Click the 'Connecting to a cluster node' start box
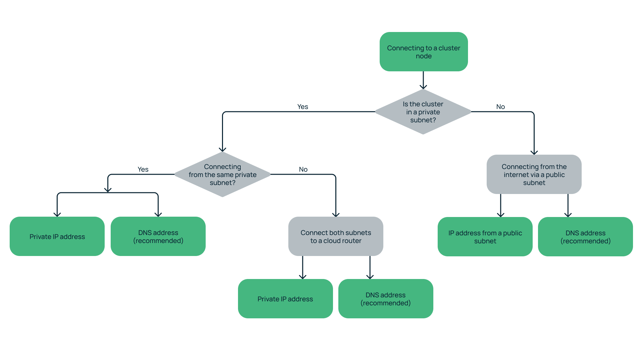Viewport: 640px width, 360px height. click(x=424, y=52)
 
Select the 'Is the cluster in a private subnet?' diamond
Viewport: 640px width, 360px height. click(x=423, y=112)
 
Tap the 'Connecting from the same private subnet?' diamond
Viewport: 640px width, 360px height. click(x=222, y=175)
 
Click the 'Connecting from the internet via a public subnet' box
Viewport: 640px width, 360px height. click(x=534, y=174)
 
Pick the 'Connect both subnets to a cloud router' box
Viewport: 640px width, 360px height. click(x=336, y=237)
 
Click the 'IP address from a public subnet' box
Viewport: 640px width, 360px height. click(x=485, y=237)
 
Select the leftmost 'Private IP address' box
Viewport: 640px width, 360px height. click(x=57, y=237)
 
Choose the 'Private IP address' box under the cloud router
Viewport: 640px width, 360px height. click(x=285, y=299)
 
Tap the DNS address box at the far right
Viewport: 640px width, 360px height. click(x=585, y=237)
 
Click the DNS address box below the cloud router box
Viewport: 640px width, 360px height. click(x=386, y=299)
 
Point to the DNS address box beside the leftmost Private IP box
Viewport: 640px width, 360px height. click(x=158, y=237)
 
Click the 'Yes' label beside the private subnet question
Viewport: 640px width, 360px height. click(x=303, y=107)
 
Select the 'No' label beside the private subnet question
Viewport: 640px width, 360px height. click(x=500, y=107)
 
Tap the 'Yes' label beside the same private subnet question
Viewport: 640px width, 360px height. click(x=143, y=169)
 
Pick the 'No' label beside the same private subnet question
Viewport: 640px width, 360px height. click(x=303, y=169)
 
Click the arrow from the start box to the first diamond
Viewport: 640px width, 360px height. click(x=423, y=80)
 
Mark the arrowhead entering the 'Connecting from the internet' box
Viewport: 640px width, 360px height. click(x=534, y=152)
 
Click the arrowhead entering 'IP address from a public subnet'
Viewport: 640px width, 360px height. click(x=501, y=215)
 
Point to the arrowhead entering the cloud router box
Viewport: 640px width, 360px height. click(x=336, y=214)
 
